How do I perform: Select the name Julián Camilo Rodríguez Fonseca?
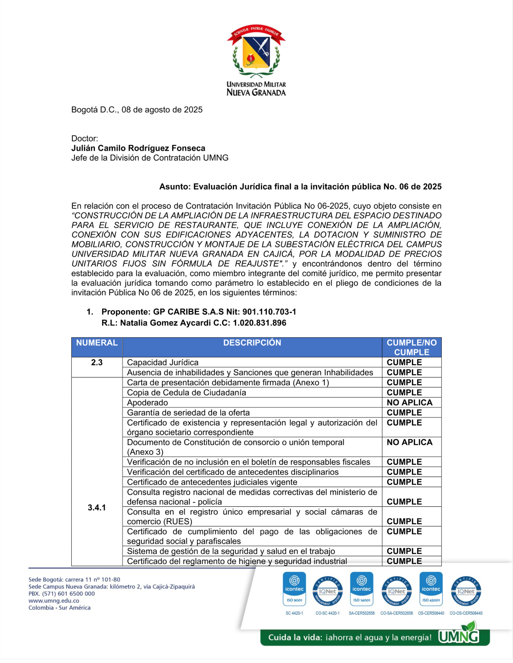(x=138, y=148)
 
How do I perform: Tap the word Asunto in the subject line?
(x=174, y=187)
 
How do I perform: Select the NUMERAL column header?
(x=97, y=343)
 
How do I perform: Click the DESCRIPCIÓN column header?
(x=252, y=343)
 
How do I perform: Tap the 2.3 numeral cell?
(x=97, y=362)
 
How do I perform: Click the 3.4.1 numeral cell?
(x=97, y=507)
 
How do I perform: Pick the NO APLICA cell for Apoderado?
(x=409, y=403)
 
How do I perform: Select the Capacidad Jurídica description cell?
(x=163, y=362)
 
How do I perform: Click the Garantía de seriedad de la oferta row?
(x=188, y=412)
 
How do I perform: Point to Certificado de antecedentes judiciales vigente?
(x=212, y=482)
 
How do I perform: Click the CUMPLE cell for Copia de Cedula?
(x=404, y=392)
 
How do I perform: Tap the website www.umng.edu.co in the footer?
(x=54, y=600)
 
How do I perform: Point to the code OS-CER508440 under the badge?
(x=431, y=613)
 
